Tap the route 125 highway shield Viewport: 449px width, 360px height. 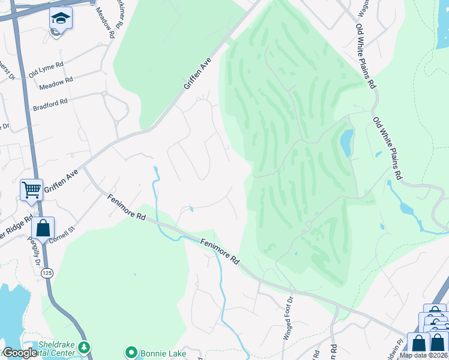tap(46, 273)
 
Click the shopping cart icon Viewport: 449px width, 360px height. tap(31, 190)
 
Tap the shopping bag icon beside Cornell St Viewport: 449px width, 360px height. tap(43, 228)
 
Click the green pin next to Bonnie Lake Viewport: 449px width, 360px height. tap(130, 352)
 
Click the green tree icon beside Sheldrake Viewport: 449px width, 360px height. tap(85, 347)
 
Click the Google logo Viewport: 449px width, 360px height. tap(19, 353)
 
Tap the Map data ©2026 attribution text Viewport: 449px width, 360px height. tap(423, 355)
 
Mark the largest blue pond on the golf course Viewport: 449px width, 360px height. tap(346, 142)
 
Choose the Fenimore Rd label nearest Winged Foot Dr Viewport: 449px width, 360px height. tap(219, 251)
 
